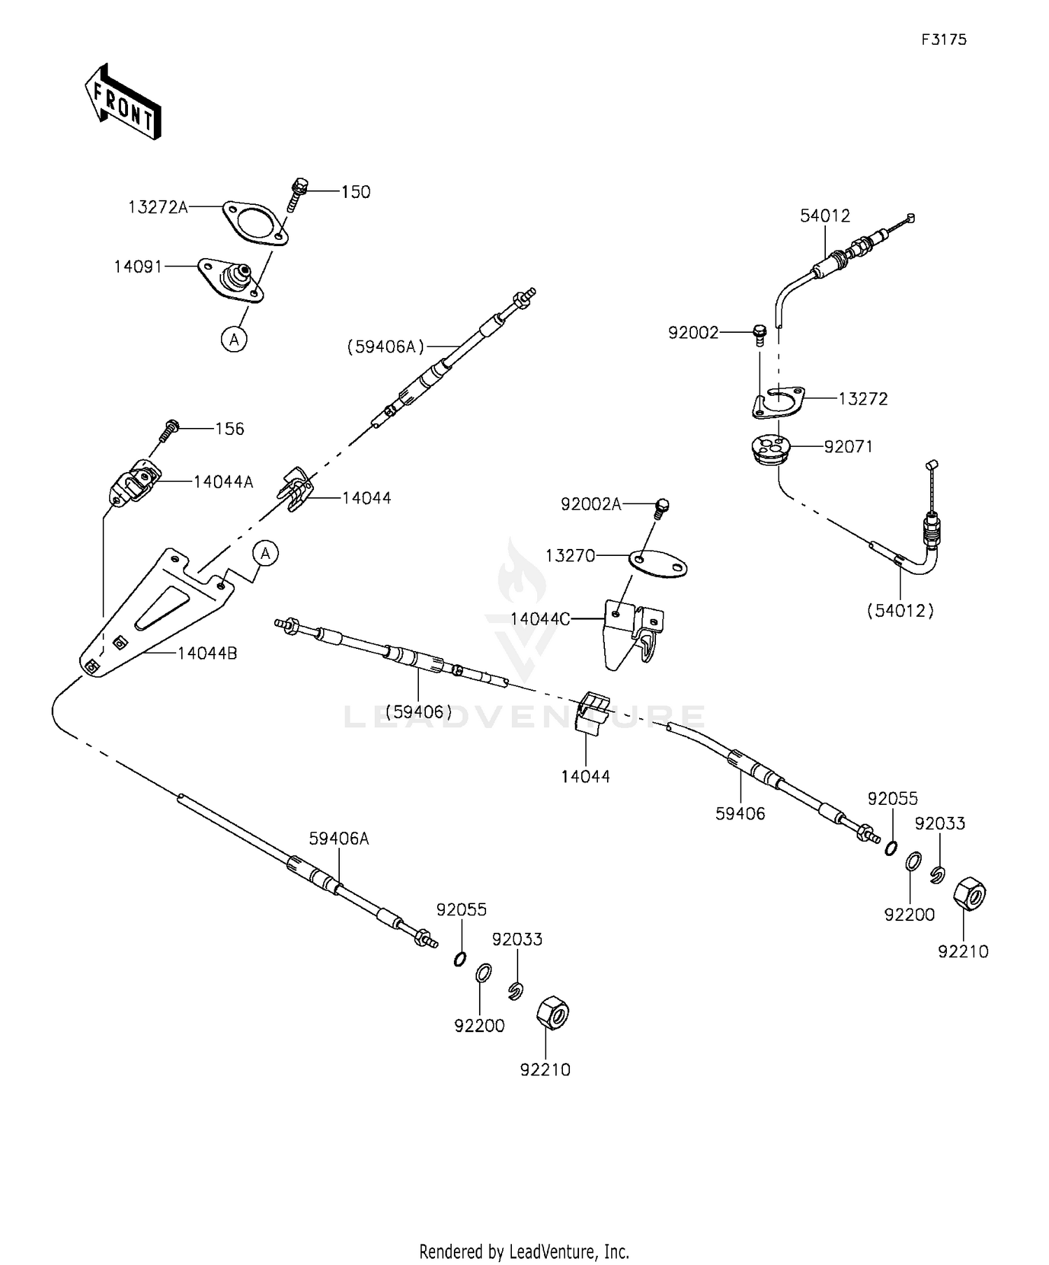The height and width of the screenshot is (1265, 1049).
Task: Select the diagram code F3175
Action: pyautogui.click(x=943, y=40)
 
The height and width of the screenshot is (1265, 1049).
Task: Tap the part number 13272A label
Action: pyautogui.click(x=158, y=207)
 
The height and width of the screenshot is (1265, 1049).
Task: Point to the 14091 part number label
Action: pyautogui.click(x=138, y=266)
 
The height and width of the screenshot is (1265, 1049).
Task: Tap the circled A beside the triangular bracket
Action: pyautogui.click(x=265, y=554)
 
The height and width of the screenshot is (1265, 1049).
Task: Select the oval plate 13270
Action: pyautogui.click(x=657, y=564)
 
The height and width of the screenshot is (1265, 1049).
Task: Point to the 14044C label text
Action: pyautogui.click(x=540, y=619)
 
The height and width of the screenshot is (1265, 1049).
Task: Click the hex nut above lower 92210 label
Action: pyautogui.click(x=552, y=1013)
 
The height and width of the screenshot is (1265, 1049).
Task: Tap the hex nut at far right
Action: pyautogui.click(x=969, y=894)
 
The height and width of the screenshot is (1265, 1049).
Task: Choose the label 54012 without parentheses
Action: pyautogui.click(x=825, y=216)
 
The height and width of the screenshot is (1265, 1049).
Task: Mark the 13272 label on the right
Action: pyautogui.click(x=863, y=399)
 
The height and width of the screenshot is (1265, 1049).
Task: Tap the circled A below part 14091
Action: pyautogui.click(x=234, y=340)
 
